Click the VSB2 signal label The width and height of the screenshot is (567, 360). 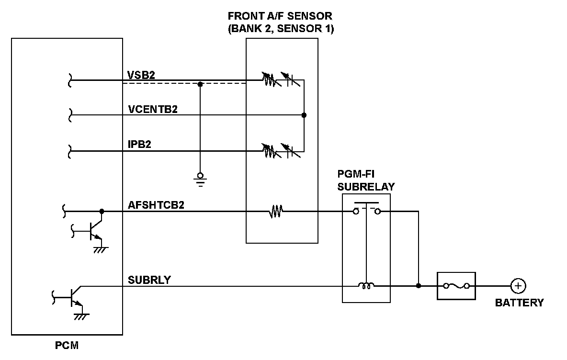pyautogui.click(x=141, y=75)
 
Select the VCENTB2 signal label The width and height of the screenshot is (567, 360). pyautogui.click(x=153, y=109)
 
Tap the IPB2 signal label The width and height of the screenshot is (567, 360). pyautogui.click(x=139, y=144)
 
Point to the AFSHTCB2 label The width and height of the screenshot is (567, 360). pyautogui.click(x=156, y=205)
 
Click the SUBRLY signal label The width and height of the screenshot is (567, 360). pyautogui.click(x=149, y=280)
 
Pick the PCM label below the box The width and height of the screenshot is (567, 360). pyautogui.click(x=67, y=346)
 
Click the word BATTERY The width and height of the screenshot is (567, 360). pyautogui.click(x=519, y=303)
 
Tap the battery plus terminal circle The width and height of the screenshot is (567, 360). pyautogui.click(x=518, y=286)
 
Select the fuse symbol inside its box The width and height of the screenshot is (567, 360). pyautogui.click(x=456, y=286)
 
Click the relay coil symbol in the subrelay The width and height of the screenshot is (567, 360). pyautogui.click(x=366, y=285)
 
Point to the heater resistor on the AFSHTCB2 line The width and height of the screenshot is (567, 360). pyautogui.click(x=275, y=212)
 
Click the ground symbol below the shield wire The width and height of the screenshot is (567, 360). pyautogui.click(x=200, y=180)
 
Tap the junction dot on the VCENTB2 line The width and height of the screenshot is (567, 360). pyautogui.click(x=304, y=115)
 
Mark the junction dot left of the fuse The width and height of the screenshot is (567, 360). pyautogui.click(x=419, y=286)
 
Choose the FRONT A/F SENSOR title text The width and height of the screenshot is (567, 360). pyautogui.click(x=280, y=22)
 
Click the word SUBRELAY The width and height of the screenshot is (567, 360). pyautogui.click(x=366, y=187)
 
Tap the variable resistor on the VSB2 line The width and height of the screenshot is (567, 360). pyautogui.click(x=271, y=80)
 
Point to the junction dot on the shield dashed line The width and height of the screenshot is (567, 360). pyautogui.click(x=200, y=84)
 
